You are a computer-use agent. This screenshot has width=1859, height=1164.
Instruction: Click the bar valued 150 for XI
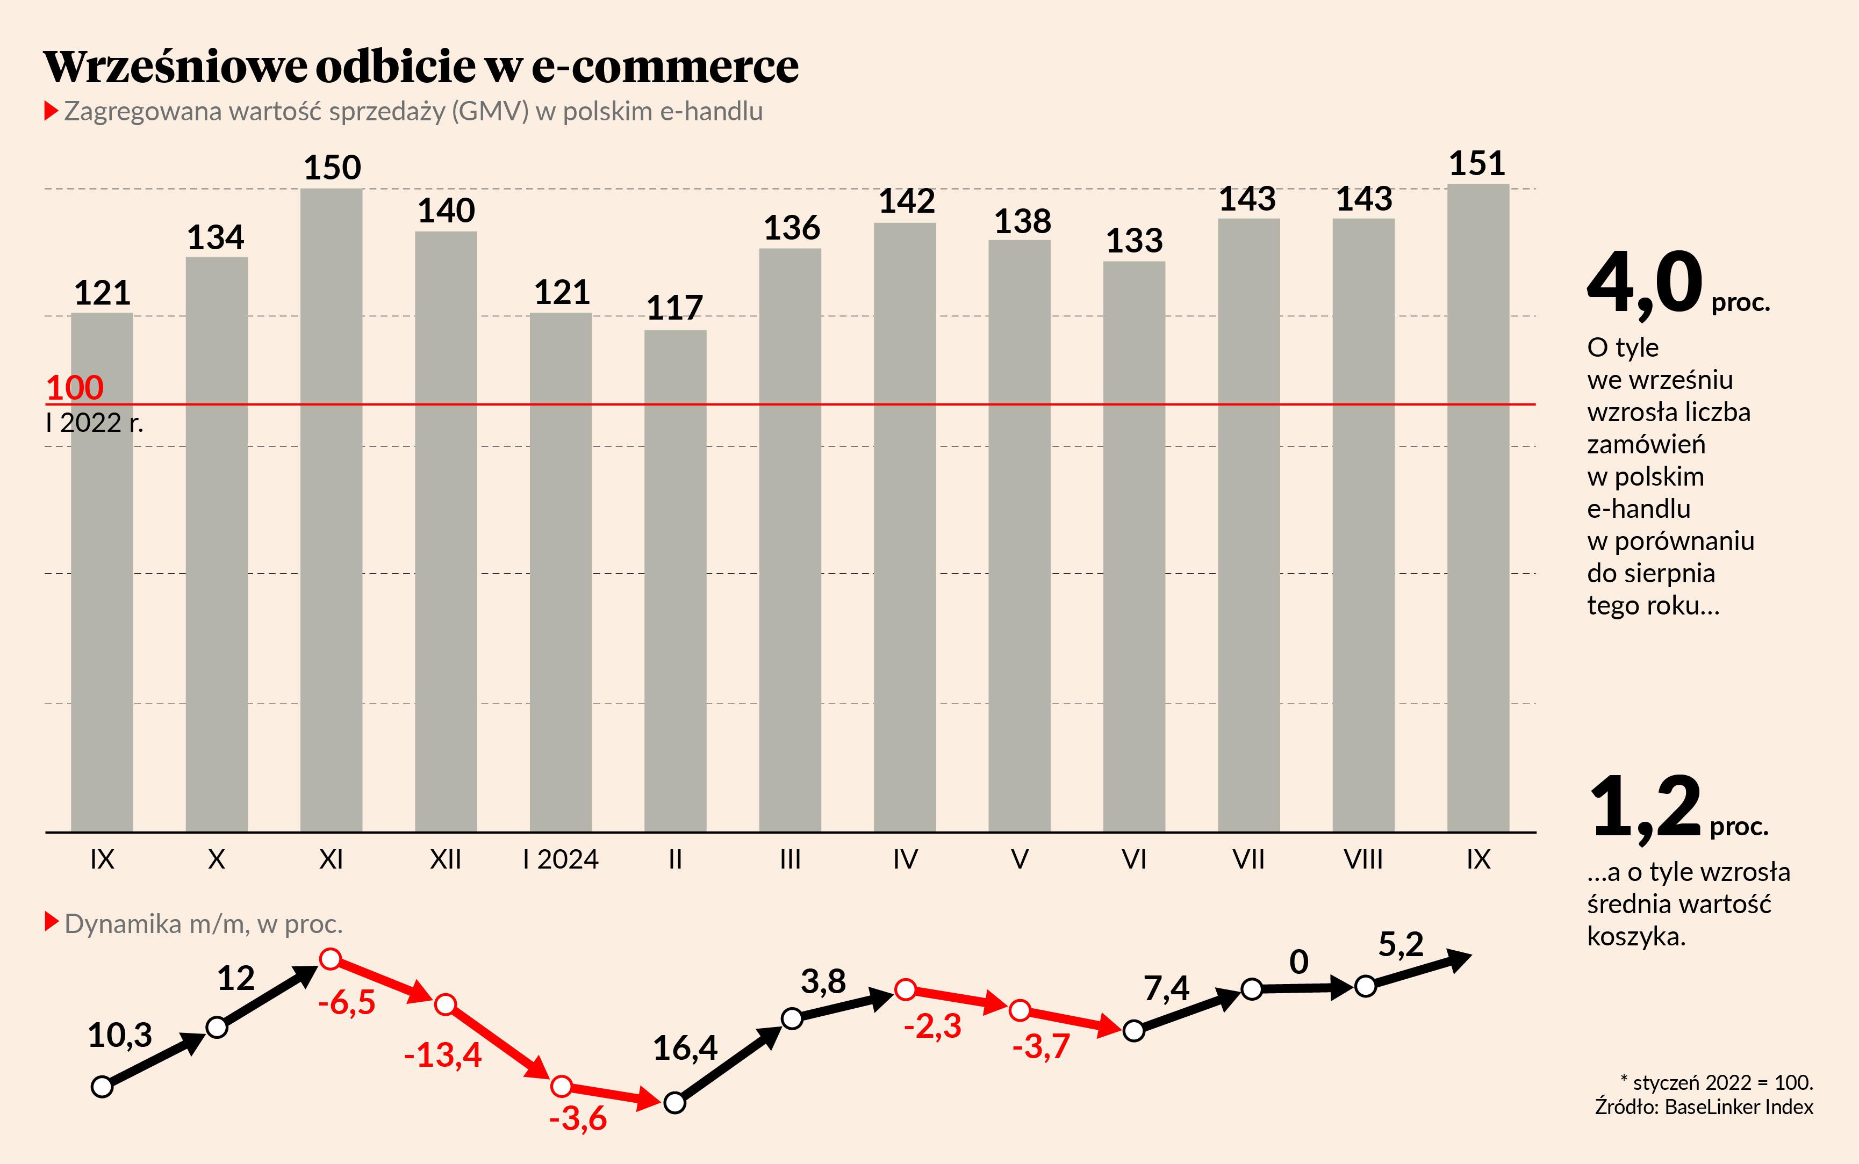point(331,508)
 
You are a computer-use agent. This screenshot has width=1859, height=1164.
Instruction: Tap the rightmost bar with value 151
point(1478,508)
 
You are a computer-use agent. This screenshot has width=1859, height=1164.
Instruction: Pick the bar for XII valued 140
point(446,531)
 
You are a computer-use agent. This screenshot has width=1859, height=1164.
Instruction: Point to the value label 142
point(907,201)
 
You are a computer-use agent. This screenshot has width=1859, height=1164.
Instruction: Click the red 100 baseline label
point(75,387)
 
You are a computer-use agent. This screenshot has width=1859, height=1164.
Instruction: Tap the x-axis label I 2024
point(561,859)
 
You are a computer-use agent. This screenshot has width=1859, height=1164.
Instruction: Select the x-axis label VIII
point(1363,859)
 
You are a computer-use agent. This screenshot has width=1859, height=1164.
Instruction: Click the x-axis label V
point(1019,859)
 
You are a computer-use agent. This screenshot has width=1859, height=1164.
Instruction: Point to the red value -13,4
point(443,1054)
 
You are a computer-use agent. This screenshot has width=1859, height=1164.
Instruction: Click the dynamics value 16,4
point(685,1048)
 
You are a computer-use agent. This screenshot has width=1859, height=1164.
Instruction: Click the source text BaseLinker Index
point(1739,1107)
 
